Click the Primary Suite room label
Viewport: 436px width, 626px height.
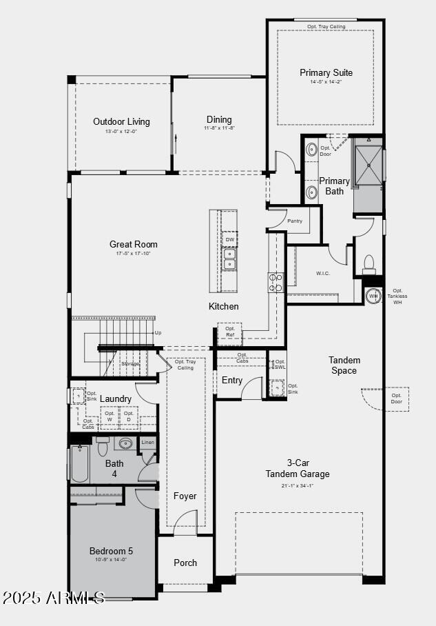pos(326,72)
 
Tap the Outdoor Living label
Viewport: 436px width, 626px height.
pos(121,122)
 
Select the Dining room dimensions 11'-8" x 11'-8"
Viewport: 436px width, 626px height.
pos(219,128)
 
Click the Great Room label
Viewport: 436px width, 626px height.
pos(133,244)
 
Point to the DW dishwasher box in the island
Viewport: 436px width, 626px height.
pos(229,239)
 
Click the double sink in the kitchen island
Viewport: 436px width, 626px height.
pos(229,259)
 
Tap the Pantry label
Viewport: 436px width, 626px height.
pos(295,221)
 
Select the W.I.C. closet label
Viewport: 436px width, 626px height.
pos(323,273)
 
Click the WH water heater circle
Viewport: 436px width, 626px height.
pos(373,296)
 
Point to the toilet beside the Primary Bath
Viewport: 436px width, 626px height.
pos(369,263)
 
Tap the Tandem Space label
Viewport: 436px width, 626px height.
pos(344,365)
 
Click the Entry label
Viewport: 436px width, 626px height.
pos(232,380)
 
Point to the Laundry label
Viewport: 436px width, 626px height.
pos(115,398)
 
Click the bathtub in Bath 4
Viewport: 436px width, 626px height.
pos(79,463)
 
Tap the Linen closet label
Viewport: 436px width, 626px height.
pos(147,442)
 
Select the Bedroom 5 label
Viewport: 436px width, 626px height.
pos(111,551)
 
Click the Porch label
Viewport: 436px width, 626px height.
pos(185,563)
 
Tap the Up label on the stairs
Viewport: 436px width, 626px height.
pos(158,332)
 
